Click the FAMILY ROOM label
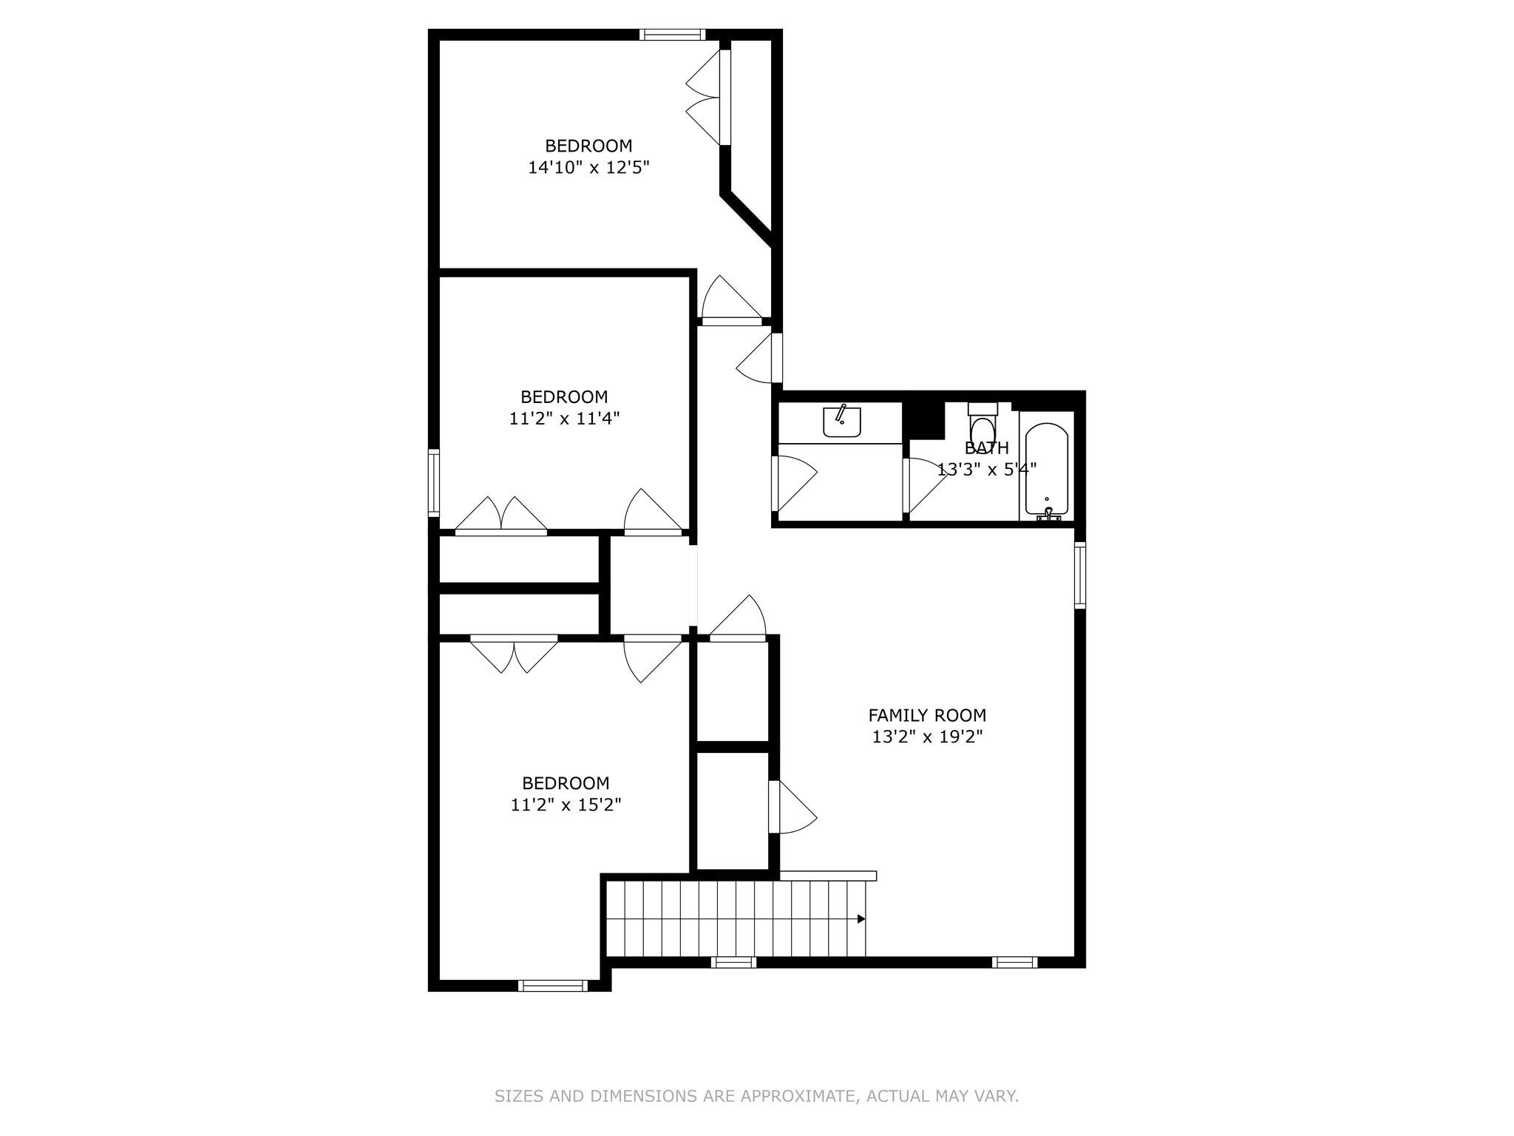pyautogui.click(x=926, y=715)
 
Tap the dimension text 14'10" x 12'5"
pyautogui.click(x=588, y=168)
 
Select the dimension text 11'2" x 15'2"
pyautogui.click(x=566, y=805)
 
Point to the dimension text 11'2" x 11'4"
pyautogui.click(x=564, y=419)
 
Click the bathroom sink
pyautogui.click(x=841, y=422)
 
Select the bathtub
pyautogui.click(x=1046, y=469)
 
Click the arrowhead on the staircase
pyautogui.click(x=861, y=919)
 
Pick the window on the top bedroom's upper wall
pyautogui.click(x=672, y=34)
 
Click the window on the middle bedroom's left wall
pyautogui.click(x=434, y=483)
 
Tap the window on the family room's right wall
pyautogui.click(x=1079, y=575)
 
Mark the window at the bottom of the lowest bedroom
pyautogui.click(x=552, y=985)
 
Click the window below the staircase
pyautogui.click(x=733, y=962)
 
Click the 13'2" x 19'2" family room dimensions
pyautogui.click(x=926, y=737)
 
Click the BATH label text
pyautogui.click(x=986, y=448)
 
